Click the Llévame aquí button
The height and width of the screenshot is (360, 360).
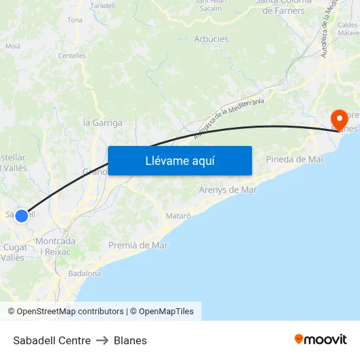(x=180, y=160)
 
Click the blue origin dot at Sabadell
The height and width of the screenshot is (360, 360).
(x=22, y=215)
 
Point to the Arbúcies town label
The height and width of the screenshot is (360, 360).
(x=211, y=39)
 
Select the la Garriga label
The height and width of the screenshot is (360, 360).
(x=103, y=122)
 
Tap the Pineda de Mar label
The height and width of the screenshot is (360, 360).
(x=295, y=159)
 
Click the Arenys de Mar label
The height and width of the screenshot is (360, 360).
(x=227, y=190)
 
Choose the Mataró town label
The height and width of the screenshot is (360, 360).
(x=178, y=215)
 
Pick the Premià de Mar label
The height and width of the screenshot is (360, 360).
(x=138, y=245)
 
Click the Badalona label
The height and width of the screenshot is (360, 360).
(x=84, y=274)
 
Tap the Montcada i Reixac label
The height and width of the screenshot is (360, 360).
(x=55, y=246)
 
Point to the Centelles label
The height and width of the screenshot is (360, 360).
(x=72, y=56)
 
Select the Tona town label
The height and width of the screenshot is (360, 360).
(x=75, y=20)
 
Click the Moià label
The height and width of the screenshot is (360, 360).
(x=13, y=46)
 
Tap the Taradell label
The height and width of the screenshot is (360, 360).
(x=101, y=5)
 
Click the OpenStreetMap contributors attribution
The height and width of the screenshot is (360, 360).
(x=70, y=312)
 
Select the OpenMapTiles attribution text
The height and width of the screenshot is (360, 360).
(x=166, y=312)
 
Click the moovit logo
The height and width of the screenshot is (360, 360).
(x=321, y=339)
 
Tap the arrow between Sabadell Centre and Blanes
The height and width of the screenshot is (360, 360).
(x=102, y=340)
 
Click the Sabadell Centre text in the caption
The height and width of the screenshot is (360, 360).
(x=52, y=340)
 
